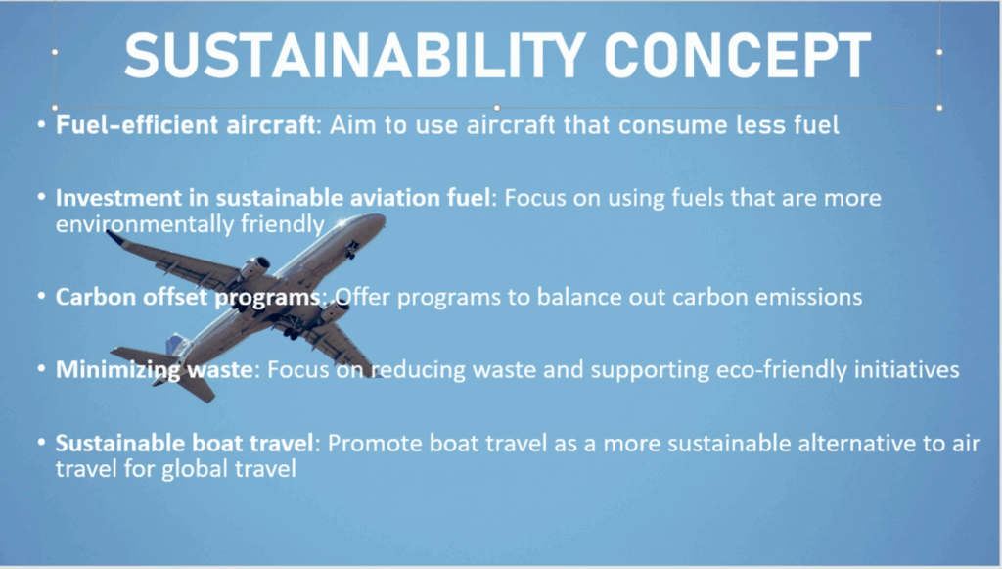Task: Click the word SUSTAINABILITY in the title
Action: [x=355, y=55]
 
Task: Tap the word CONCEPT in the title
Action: [x=738, y=55]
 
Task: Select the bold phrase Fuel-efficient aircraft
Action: [x=185, y=124]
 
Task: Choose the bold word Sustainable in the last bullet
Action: [x=117, y=443]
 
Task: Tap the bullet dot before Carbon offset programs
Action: [x=41, y=296]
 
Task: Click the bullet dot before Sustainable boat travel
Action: [x=41, y=442]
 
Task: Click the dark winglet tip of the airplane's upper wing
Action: [x=115, y=237]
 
